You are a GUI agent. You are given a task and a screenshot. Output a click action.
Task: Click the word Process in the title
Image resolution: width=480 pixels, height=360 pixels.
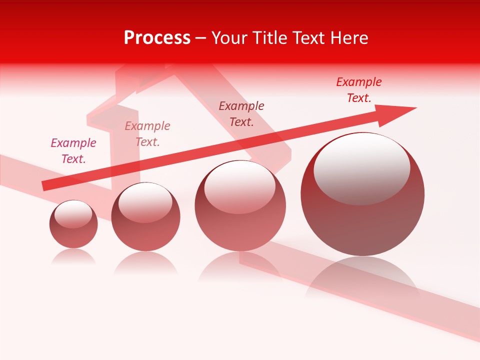(157, 38)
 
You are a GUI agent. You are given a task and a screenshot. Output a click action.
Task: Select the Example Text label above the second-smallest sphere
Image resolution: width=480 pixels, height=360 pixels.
(147, 134)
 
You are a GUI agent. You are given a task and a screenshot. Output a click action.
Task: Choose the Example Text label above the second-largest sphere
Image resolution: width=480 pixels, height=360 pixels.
(241, 114)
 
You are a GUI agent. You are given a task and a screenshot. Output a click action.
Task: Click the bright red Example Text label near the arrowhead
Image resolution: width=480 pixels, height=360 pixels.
(359, 90)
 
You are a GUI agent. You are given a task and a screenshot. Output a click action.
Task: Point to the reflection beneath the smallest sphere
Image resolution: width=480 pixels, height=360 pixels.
(73, 257)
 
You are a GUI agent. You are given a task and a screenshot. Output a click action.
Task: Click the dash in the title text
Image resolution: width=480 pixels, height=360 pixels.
(201, 38)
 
